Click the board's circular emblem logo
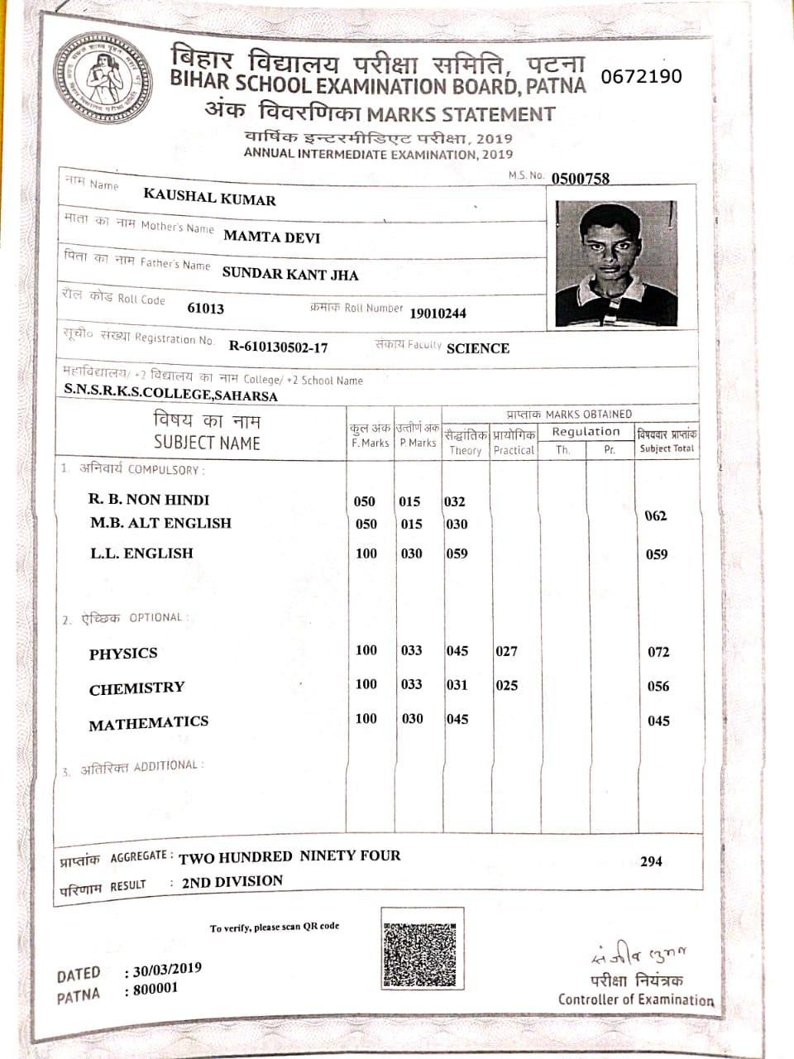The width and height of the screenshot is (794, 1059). click(x=103, y=79)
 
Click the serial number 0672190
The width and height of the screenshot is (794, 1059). click(x=641, y=76)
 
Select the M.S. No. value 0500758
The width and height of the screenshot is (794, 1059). click(x=580, y=178)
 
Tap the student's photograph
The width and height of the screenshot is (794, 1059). click(x=615, y=263)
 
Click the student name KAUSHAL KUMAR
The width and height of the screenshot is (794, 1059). click(x=209, y=197)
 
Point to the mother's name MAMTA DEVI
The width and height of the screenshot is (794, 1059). click(x=271, y=237)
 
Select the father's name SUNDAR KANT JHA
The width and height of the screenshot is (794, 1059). click(x=289, y=274)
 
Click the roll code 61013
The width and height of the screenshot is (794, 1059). click(x=205, y=308)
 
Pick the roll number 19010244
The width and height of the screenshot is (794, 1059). click(x=438, y=313)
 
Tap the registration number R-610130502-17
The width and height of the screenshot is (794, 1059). click(x=278, y=347)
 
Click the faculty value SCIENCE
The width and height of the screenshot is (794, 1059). click(x=477, y=348)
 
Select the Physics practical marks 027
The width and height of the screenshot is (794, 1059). click(x=506, y=651)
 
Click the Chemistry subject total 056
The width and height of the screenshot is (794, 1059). click(x=658, y=686)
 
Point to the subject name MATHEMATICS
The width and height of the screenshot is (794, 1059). click(x=148, y=724)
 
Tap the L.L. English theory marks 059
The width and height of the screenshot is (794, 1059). click(x=457, y=553)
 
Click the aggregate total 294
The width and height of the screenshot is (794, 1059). click(x=651, y=861)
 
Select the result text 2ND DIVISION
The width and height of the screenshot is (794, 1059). click(x=232, y=882)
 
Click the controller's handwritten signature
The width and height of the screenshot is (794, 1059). click(x=639, y=955)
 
